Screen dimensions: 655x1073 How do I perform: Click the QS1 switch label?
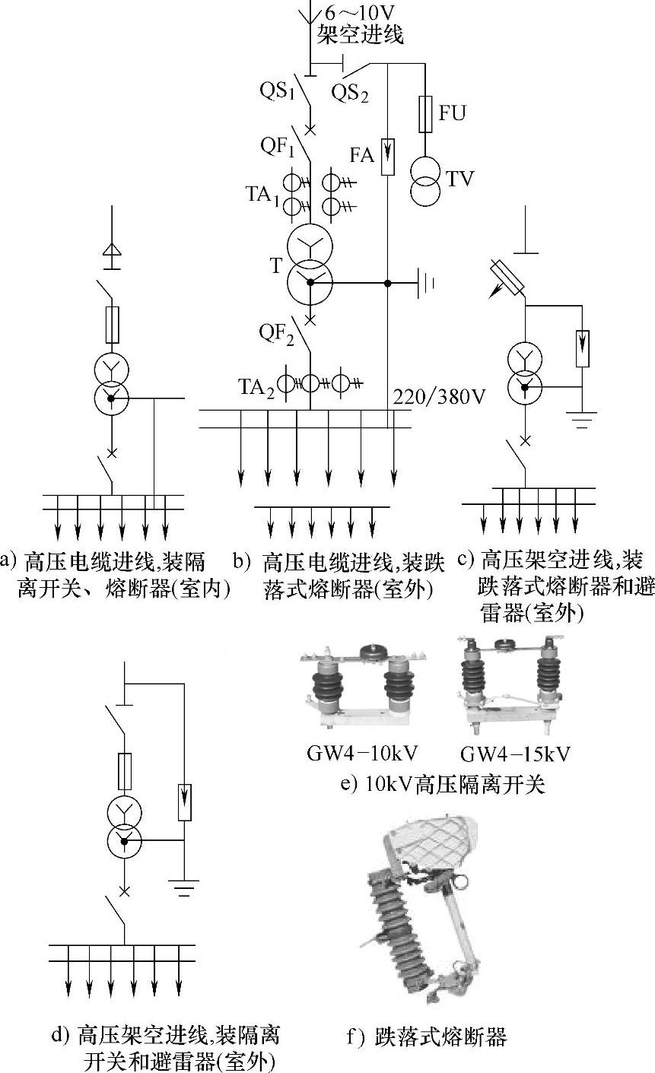pos(278,90)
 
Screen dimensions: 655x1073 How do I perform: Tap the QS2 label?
pos(350,93)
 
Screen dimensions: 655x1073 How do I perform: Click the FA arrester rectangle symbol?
pos(388,156)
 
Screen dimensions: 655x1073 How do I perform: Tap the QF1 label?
pos(278,146)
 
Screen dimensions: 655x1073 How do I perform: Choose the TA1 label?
pos(262,195)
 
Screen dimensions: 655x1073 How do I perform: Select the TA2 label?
pos(257,388)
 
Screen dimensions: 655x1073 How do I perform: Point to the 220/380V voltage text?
pos(439,397)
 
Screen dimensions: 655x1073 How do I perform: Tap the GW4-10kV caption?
pos(362,754)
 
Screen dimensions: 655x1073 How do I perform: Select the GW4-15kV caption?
pos(515,754)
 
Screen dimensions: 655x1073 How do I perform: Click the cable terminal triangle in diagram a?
pos(112,251)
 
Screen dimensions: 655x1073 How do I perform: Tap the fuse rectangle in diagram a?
pos(112,325)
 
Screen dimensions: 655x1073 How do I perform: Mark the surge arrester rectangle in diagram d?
pos(184,802)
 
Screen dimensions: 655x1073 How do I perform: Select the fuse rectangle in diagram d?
pos(125,772)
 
